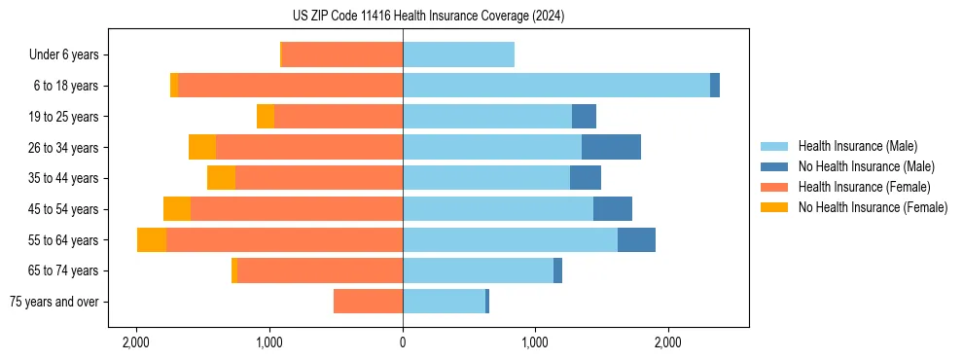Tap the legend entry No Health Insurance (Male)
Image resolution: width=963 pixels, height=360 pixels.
point(866,166)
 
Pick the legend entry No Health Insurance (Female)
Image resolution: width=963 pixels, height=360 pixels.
point(873,207)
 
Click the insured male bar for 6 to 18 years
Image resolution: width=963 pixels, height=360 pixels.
point(555,86)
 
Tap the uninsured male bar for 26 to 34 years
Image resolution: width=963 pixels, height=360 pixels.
point(611,147)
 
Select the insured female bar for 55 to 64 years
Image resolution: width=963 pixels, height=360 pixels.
point(284,239)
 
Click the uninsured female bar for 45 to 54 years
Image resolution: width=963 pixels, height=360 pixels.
point(177,209)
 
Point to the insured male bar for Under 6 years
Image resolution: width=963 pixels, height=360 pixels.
point(458,55)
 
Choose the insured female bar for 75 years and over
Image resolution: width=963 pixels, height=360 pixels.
point(368,302)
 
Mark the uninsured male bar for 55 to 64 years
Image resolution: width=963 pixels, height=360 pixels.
point(636,239)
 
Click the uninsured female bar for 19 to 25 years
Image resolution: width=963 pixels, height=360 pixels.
point(266,117)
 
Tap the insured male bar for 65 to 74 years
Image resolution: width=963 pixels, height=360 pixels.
point(478,270)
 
